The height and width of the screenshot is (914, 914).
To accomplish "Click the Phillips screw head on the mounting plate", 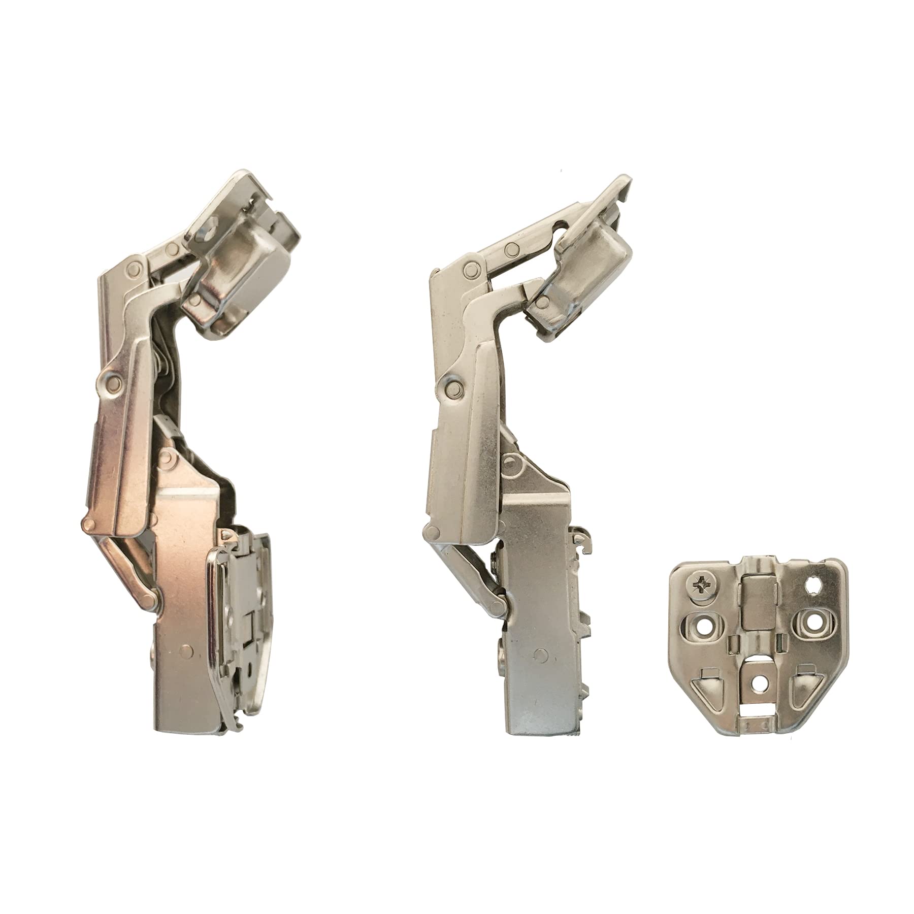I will (x=698, y=593).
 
